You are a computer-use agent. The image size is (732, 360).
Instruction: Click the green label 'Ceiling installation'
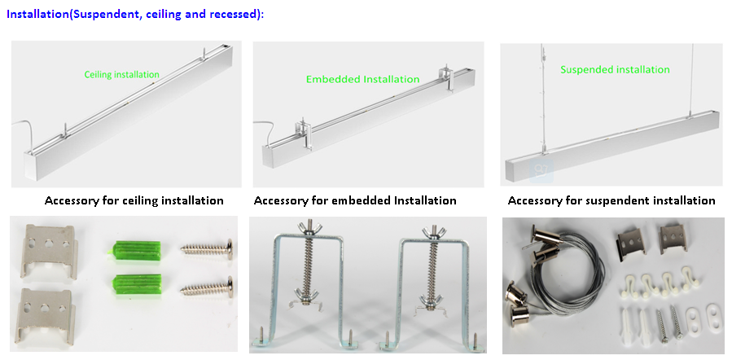[x=122, y=75]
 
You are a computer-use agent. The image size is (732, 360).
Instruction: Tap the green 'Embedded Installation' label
[x=362, y=80]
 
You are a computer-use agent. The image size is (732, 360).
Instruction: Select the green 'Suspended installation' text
[x=615, y=70]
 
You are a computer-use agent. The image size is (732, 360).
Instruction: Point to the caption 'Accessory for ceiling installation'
[x=134, y=200]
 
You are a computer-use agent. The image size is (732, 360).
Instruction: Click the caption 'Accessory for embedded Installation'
[x=355, y=200]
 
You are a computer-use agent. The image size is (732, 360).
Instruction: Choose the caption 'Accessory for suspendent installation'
[x=611, y=200]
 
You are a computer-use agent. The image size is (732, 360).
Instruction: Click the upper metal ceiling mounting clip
[x=47, y=248]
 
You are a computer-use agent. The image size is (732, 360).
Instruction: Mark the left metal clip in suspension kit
[x=632, y=239]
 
